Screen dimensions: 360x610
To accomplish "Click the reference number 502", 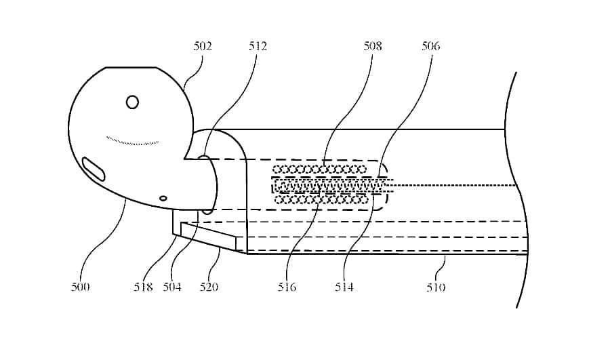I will click(203, 46).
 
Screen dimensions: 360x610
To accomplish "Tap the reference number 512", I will click(258, 46).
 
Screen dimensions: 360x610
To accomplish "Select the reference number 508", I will click(372, 46).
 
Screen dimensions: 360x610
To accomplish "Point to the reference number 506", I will click(430, 46).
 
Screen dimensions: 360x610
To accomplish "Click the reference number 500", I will click(80, 287).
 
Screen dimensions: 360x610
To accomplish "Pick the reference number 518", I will click(143, 287).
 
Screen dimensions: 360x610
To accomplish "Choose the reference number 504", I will click(172, 287).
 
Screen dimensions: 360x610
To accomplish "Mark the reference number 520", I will click(209, 287).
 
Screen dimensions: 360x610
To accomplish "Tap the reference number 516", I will click(287, 287).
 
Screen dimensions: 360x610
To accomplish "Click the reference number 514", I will click(344, 287).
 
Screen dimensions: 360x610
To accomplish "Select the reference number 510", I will click(436, 287).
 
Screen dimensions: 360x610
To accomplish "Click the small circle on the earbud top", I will click(133, 102).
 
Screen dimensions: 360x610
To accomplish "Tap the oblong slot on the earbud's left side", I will click(94, 169).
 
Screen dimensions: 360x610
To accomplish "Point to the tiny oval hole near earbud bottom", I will click(163, 198).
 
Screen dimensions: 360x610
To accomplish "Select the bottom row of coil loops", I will click(324, 199).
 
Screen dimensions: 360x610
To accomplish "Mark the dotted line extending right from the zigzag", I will click(454, 184).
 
